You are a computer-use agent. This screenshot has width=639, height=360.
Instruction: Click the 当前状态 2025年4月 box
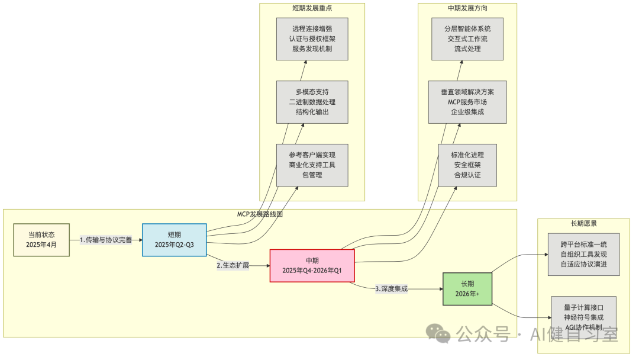coord(41,240)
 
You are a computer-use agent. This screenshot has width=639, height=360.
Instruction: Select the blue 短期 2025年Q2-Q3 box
coord(174,240)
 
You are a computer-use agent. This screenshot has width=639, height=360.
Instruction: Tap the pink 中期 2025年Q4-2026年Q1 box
coord(312,266)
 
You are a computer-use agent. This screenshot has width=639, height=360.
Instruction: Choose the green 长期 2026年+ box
coord(467,288)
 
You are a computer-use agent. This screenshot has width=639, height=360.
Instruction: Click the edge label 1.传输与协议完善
coord(106,240)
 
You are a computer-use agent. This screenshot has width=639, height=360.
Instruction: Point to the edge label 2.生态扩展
coord(233,266)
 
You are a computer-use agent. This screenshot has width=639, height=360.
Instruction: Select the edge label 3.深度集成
coord(391,289)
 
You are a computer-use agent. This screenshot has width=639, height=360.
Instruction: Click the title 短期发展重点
coord(312,8)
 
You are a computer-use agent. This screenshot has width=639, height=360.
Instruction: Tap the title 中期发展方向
coord(467,8)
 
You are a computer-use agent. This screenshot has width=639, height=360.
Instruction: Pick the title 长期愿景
coord(584,224)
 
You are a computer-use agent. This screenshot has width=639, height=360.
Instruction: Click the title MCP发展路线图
coord(259,214)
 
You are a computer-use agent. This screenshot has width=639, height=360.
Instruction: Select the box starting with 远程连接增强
coord(312,38)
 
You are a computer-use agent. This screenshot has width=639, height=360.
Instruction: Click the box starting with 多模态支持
coord(312,102)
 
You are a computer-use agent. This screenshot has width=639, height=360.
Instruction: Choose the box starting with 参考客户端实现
coord(312,165)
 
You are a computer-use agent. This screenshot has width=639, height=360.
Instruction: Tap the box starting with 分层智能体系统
coord(467,38)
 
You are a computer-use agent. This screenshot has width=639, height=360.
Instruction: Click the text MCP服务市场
coord(467,102)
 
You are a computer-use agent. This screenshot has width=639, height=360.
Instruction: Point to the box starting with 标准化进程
coord(467,165)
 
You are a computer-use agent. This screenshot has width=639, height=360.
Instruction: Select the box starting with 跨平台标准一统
coord(583,254)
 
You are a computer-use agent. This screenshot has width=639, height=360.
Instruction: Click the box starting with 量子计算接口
coord(583,317)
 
